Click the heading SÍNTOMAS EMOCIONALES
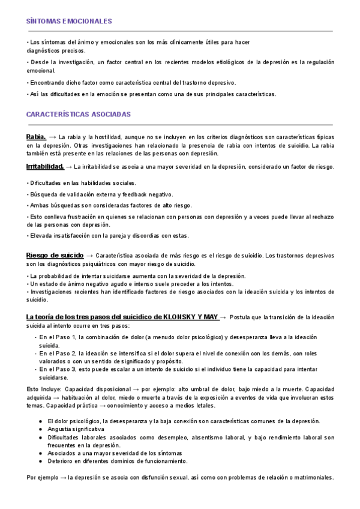pyautogui.click(x=70, y=21)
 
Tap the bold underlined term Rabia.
pyautogui.click(x=37, y=137)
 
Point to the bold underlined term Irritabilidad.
pyautogui.click(x=45, y=166)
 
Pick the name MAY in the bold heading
pyautogui.click(x=210, y=316)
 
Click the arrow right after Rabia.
pyautogui.click(x=53, y=137)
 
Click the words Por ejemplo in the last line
pyautogui.click(x=43, y=478)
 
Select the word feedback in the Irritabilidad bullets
pyautogui.click(x=139, y=194)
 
